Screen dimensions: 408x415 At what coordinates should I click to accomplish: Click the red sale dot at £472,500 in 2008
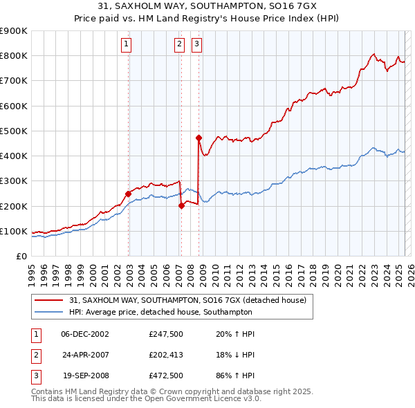(x=199, y=138)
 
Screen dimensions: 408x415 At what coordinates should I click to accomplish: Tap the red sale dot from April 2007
(x=181, y=205)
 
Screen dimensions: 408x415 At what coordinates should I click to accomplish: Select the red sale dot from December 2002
(x=129, y=194)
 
